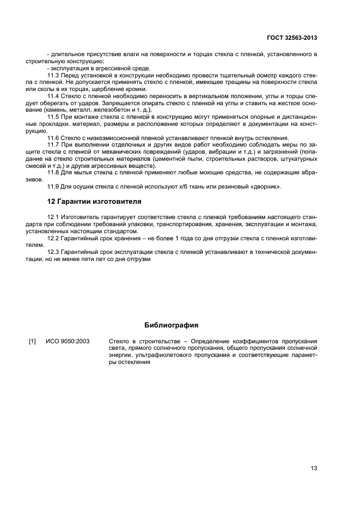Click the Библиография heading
tap(171, 325)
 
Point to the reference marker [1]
tap(32, 342)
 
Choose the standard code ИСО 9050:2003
tap(68, 342)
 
